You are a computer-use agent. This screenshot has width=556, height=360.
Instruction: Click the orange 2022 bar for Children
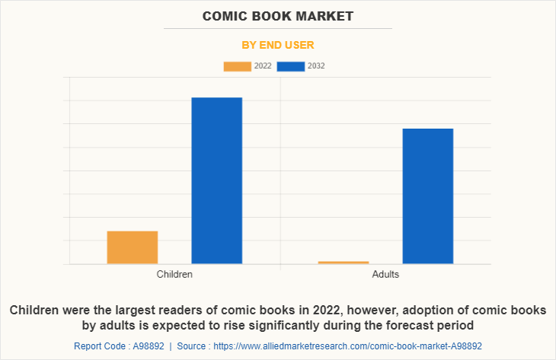pos(133,247)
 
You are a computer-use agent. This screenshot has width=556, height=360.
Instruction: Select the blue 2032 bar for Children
pos(216,180)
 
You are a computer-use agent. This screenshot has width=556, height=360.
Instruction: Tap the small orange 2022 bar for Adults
pos(344,263)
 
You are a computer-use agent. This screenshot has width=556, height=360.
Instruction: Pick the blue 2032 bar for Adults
pos(427,196)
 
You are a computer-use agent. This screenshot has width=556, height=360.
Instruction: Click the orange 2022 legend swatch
pos(237,66)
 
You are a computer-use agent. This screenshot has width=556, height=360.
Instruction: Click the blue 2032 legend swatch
pos(291,66)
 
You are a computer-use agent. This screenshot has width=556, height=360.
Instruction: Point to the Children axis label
pos(174,274)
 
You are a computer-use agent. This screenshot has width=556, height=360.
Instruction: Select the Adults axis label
pos(385,274)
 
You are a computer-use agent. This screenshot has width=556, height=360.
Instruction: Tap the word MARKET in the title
pos(324,15)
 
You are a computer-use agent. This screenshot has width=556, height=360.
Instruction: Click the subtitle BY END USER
pos(278,45)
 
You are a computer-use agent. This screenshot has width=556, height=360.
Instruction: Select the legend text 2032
pos(316,66)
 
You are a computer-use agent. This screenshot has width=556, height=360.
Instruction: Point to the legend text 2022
pos(263,66)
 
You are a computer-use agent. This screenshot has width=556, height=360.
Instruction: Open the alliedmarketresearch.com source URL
pos(347,345)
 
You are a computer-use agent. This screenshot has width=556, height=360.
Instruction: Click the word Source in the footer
pos(192,345)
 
